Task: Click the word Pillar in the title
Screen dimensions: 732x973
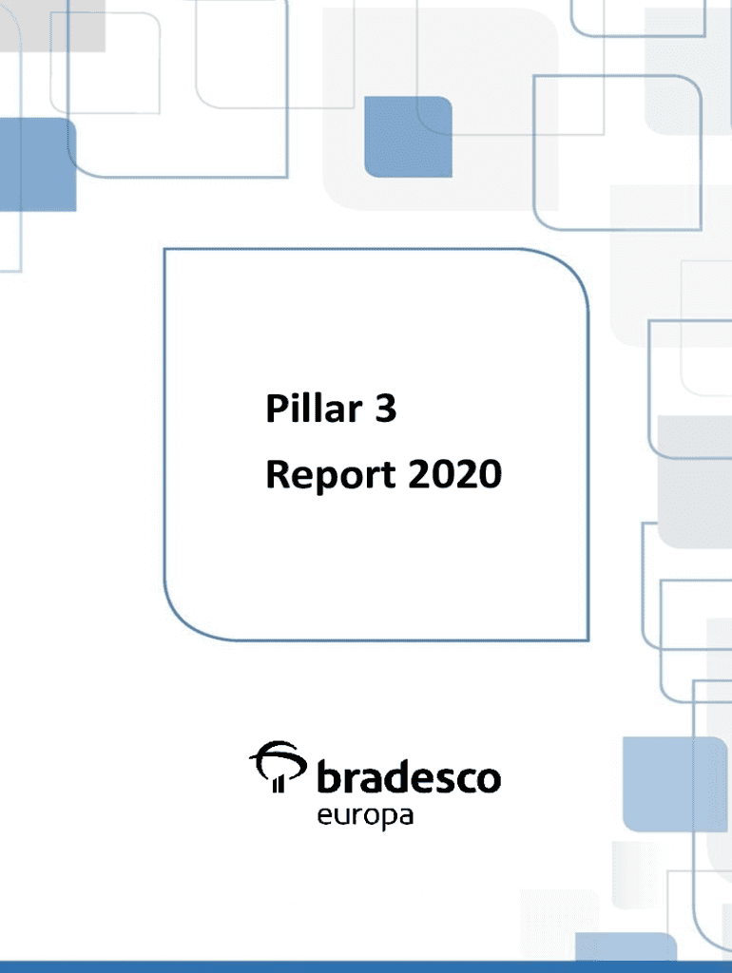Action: point(314,409)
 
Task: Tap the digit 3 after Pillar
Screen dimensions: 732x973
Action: point(386,409)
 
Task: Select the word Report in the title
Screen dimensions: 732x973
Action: point(330,475)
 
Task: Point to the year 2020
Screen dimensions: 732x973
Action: point(455,474)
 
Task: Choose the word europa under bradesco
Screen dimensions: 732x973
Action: point(365,816)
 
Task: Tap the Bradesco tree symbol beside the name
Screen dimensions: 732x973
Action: point(278,767)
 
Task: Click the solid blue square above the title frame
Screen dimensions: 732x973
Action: point(408,137)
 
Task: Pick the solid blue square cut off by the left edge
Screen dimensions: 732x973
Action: point(38,164)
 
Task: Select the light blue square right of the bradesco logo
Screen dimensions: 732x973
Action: point(675,784)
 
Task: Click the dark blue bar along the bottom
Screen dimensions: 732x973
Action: point(366,966)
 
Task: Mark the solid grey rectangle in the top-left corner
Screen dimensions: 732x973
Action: point(52,26)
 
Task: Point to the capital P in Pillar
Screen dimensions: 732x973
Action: point(276,409)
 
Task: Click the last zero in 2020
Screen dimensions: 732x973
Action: point(491,475)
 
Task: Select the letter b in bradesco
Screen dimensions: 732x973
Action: point(328,775)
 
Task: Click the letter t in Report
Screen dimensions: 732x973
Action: point(388,477)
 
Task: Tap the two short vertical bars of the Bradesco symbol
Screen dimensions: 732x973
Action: point(279,784)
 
